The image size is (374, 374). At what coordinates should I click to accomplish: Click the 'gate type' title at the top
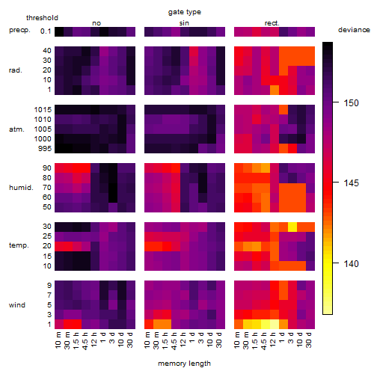click(185, 12)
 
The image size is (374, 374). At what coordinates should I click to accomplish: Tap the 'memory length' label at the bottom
click(184, 364)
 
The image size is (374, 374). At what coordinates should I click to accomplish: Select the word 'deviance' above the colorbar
click(354, 30)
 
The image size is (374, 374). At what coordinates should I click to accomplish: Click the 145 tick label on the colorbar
click(351, 183)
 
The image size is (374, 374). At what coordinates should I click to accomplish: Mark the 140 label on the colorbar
click(351, 263)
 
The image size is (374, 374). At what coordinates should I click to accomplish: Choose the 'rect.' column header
click(272, 23)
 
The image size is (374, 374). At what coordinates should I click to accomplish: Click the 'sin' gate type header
click(184, 23)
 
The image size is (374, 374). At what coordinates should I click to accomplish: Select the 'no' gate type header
click(96, 23)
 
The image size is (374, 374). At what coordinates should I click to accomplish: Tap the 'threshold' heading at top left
click(42, 18)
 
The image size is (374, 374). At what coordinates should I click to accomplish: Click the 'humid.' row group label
click(21, 188)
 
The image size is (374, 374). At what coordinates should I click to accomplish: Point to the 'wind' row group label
click(17, 305)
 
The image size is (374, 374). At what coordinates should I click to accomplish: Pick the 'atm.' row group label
click(16, 129)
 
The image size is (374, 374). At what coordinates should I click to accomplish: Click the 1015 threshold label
click(43, 110)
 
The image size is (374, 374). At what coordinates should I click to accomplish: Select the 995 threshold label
click(45, 149)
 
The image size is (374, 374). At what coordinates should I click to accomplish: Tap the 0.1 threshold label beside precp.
click(46, 31)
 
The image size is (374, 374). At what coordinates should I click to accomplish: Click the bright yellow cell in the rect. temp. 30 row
click(292, 227)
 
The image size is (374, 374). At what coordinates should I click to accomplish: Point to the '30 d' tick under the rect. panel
click(309, 340)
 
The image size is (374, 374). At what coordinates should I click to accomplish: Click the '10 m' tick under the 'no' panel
click(58, 340)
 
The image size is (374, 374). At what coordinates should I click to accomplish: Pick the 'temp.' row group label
click(19, 245)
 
